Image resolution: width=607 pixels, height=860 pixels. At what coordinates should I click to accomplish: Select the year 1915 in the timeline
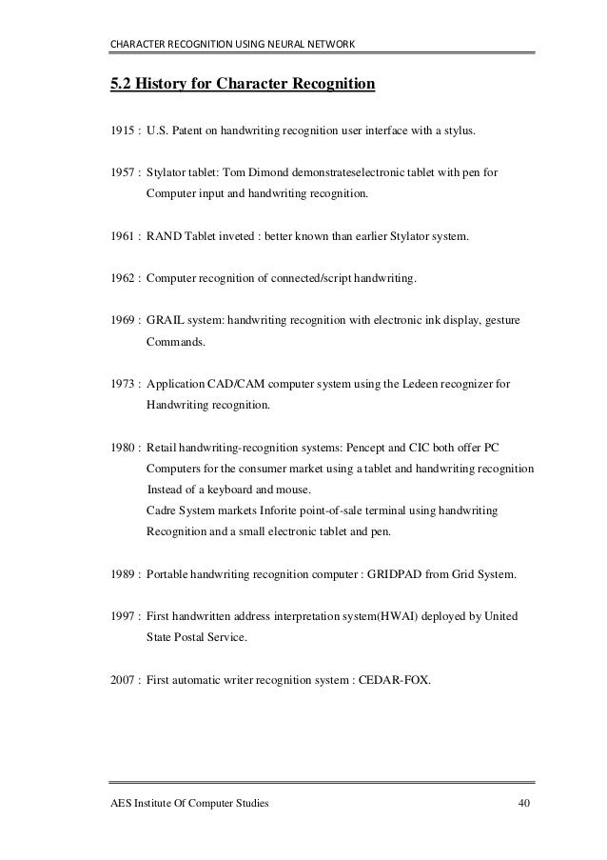(124, 129)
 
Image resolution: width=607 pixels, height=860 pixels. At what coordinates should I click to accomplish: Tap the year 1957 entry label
(124, 174)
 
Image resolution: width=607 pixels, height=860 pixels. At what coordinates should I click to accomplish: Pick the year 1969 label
(124, 322)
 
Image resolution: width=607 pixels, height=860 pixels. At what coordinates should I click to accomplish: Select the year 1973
(124, 386)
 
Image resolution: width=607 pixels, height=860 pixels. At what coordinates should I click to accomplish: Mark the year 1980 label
(124, 447)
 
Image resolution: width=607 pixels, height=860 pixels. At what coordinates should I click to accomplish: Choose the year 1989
(124, 575)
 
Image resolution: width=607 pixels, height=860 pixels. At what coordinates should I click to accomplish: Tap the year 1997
(124, 617)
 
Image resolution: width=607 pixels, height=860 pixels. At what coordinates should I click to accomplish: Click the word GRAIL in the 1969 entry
(165, 322)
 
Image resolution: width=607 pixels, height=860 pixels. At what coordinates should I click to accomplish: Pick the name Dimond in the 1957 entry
(281, 174)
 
